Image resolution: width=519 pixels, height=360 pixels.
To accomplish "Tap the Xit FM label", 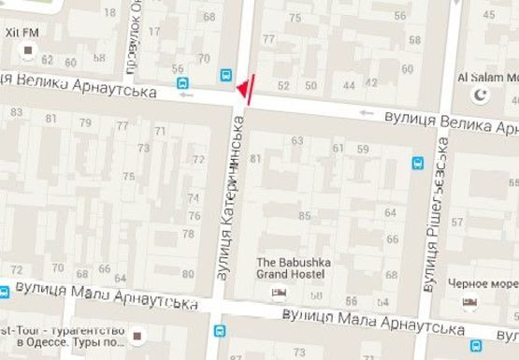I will click(20, 34).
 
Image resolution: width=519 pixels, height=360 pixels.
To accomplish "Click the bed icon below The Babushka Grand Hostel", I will click(278, 294).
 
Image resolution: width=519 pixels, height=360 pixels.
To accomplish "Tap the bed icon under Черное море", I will click(470, 302).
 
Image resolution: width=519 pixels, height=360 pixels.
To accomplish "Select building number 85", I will click(304, 216).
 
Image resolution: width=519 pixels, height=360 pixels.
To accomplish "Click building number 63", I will click(297, 141).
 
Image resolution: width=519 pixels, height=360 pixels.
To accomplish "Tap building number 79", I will click(84, 123).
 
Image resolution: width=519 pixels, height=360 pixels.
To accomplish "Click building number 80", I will click(188, 274).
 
